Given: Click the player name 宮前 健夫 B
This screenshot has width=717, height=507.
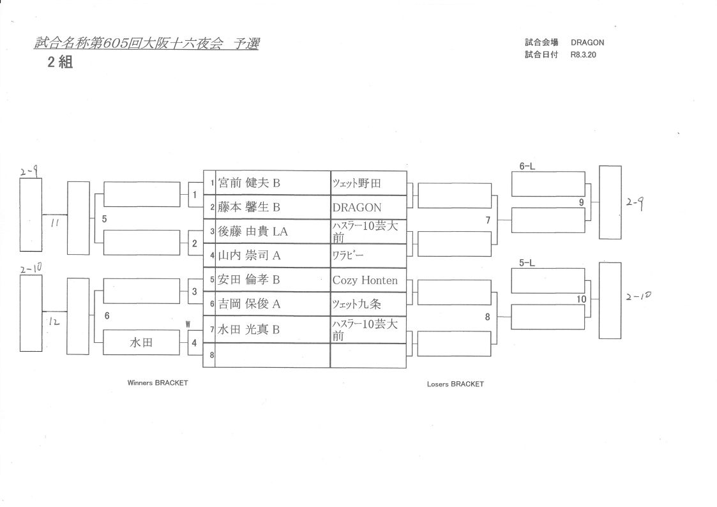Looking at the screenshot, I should pyautogui.click(x=250, y=183).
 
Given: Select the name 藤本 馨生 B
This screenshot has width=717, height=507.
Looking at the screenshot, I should pyautogui.click(x=249, y=208).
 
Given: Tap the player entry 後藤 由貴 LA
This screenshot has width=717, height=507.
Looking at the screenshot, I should pyautogui.click(x=253, y=232).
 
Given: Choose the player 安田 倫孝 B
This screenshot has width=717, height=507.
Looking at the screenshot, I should pyautogui.click(x=250, y=280).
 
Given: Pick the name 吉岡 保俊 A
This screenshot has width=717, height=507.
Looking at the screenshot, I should pyautogui.click(x=250, y=305).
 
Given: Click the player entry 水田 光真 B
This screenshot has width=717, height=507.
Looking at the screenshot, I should pyautogui.click(x=250, y=329).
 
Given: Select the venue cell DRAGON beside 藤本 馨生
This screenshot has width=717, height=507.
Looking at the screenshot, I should pyautogui.click(x=356, y=208).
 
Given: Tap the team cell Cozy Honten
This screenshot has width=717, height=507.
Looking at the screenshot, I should pyautogui.click(x=365, y=280).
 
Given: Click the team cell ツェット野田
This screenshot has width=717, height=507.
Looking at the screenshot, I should pyautogui.click(x=356, y=183).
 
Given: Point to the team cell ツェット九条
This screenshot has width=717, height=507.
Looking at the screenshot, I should pyautogui.click(x=356, y=305).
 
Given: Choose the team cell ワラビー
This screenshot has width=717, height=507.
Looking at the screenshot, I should pyautogui.click(x=347, y=256).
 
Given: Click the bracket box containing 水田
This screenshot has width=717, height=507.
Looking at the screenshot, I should pyautogui.click(x=141, y=343).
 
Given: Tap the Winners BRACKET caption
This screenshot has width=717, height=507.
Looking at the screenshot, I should pyautogui.click(x=158, y=382).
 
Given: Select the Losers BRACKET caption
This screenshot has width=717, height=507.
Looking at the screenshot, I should pyautogui.click(x=455, y=384).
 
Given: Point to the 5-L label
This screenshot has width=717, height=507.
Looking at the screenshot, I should pyautogui.click(x=527, y=262).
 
